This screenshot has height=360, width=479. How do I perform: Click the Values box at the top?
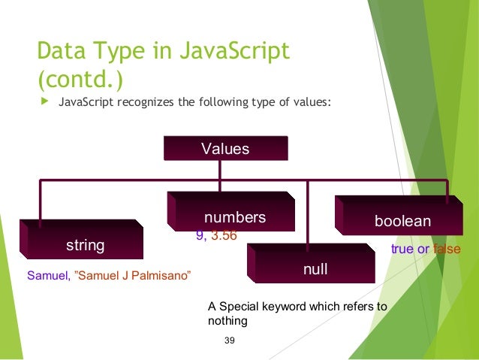tap(225, 148)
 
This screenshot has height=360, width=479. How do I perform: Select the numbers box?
tap(235, 218)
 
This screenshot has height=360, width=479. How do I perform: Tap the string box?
tap(85, 245)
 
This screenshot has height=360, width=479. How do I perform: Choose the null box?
tap(314, 268)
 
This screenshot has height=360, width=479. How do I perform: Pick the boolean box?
tap(402, 222)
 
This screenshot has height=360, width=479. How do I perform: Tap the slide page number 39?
tap(230, 342)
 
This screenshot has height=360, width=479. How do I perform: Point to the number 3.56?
tap(224, 235)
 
